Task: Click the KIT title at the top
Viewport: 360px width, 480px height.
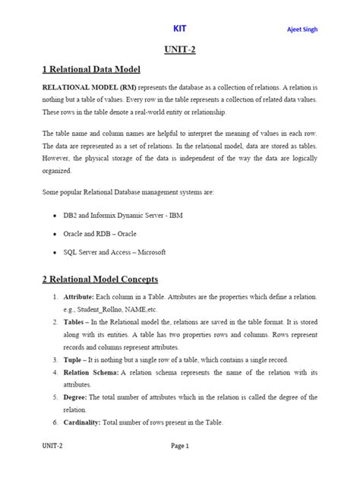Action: pyautogui.click(x=179, y=29)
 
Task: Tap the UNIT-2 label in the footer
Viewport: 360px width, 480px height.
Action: pyautogui.click(x=53, y=446)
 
